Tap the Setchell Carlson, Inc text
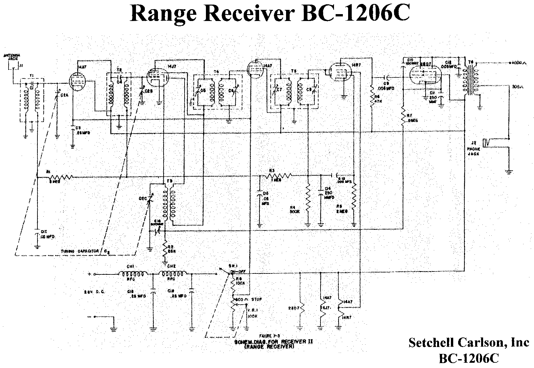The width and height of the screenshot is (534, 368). tap(469, 342)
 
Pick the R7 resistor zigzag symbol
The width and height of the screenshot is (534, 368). tap(403, 116)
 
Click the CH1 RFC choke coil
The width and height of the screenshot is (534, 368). tap(133, 274)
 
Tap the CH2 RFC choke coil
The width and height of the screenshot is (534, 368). tap(173, 274)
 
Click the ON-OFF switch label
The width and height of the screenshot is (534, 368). tap(236, 271)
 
